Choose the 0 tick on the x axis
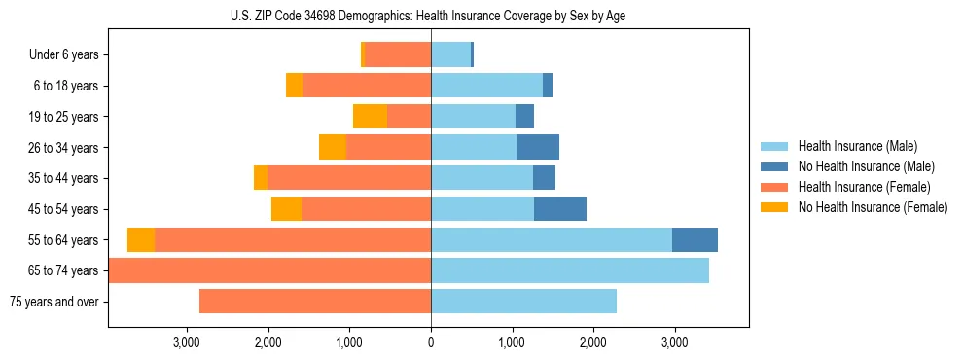pyautogui.click(x=431, y=342)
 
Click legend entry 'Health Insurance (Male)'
pyautogui.click(x=857, y=146)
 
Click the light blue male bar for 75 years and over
pyautogui.click(x=523, y=302)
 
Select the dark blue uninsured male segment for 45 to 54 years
pyautogui.click(x=560, y=209)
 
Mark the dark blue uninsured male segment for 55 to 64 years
pyautogui.click(x=695, y=240)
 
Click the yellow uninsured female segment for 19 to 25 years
pyautogui.click(x=370, y=117)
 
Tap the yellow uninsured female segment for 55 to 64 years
pyautogui.click(x=141, y=240)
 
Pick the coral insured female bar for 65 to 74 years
pyautogui.click(x=269, y=270)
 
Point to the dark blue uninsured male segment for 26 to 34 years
pyautogui.click(x=538, y=148)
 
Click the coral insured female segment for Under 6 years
pyautogui.click(x=398, y=55)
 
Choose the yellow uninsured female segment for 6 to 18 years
pyautogui.click(x=294, y=86)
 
